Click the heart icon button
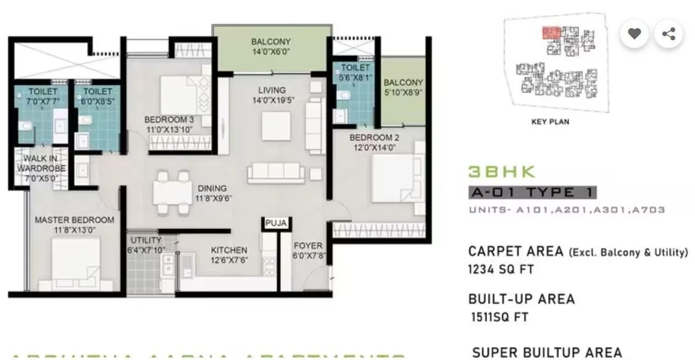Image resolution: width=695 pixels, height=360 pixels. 634,34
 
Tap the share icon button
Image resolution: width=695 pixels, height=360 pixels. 668,34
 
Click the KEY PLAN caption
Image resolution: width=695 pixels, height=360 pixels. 550,122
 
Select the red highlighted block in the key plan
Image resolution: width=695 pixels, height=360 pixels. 551,33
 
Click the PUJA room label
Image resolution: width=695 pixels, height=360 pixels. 275,223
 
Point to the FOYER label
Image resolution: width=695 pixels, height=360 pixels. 308,245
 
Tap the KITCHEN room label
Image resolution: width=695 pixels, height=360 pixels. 229,250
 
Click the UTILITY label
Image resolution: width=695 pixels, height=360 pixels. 146,240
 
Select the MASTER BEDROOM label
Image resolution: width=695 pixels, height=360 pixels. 74,220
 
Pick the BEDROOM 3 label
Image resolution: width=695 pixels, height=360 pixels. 169,119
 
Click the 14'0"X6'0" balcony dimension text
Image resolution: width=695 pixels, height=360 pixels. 271,52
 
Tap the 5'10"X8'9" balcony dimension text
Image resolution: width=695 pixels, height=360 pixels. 402,93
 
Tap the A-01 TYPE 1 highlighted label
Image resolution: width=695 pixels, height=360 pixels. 532,193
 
